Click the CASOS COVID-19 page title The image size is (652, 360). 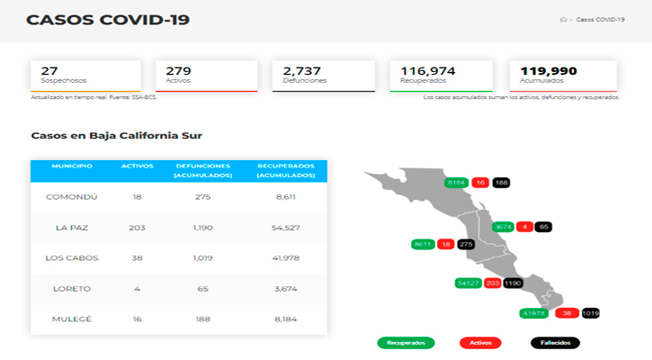tap(108, 19)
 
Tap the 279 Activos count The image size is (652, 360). tap(178, 70)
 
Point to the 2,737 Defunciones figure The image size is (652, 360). tap(303, 70)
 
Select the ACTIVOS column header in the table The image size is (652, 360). tap(138, 166)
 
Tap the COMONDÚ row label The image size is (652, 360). tap(76, 196)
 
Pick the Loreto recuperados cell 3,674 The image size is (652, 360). tap(285, 289)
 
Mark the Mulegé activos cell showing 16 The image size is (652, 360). tap(138, 319)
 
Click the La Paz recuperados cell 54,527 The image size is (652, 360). tap(285, 228)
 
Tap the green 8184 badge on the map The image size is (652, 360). tap(457, 183)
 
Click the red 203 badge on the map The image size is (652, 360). tap(492, 283)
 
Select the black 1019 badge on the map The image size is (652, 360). tap(590, 313)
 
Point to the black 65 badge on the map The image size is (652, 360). tap(543, 227)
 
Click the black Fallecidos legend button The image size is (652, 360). tap(555, 343)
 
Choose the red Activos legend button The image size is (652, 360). tap(480, 343)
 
